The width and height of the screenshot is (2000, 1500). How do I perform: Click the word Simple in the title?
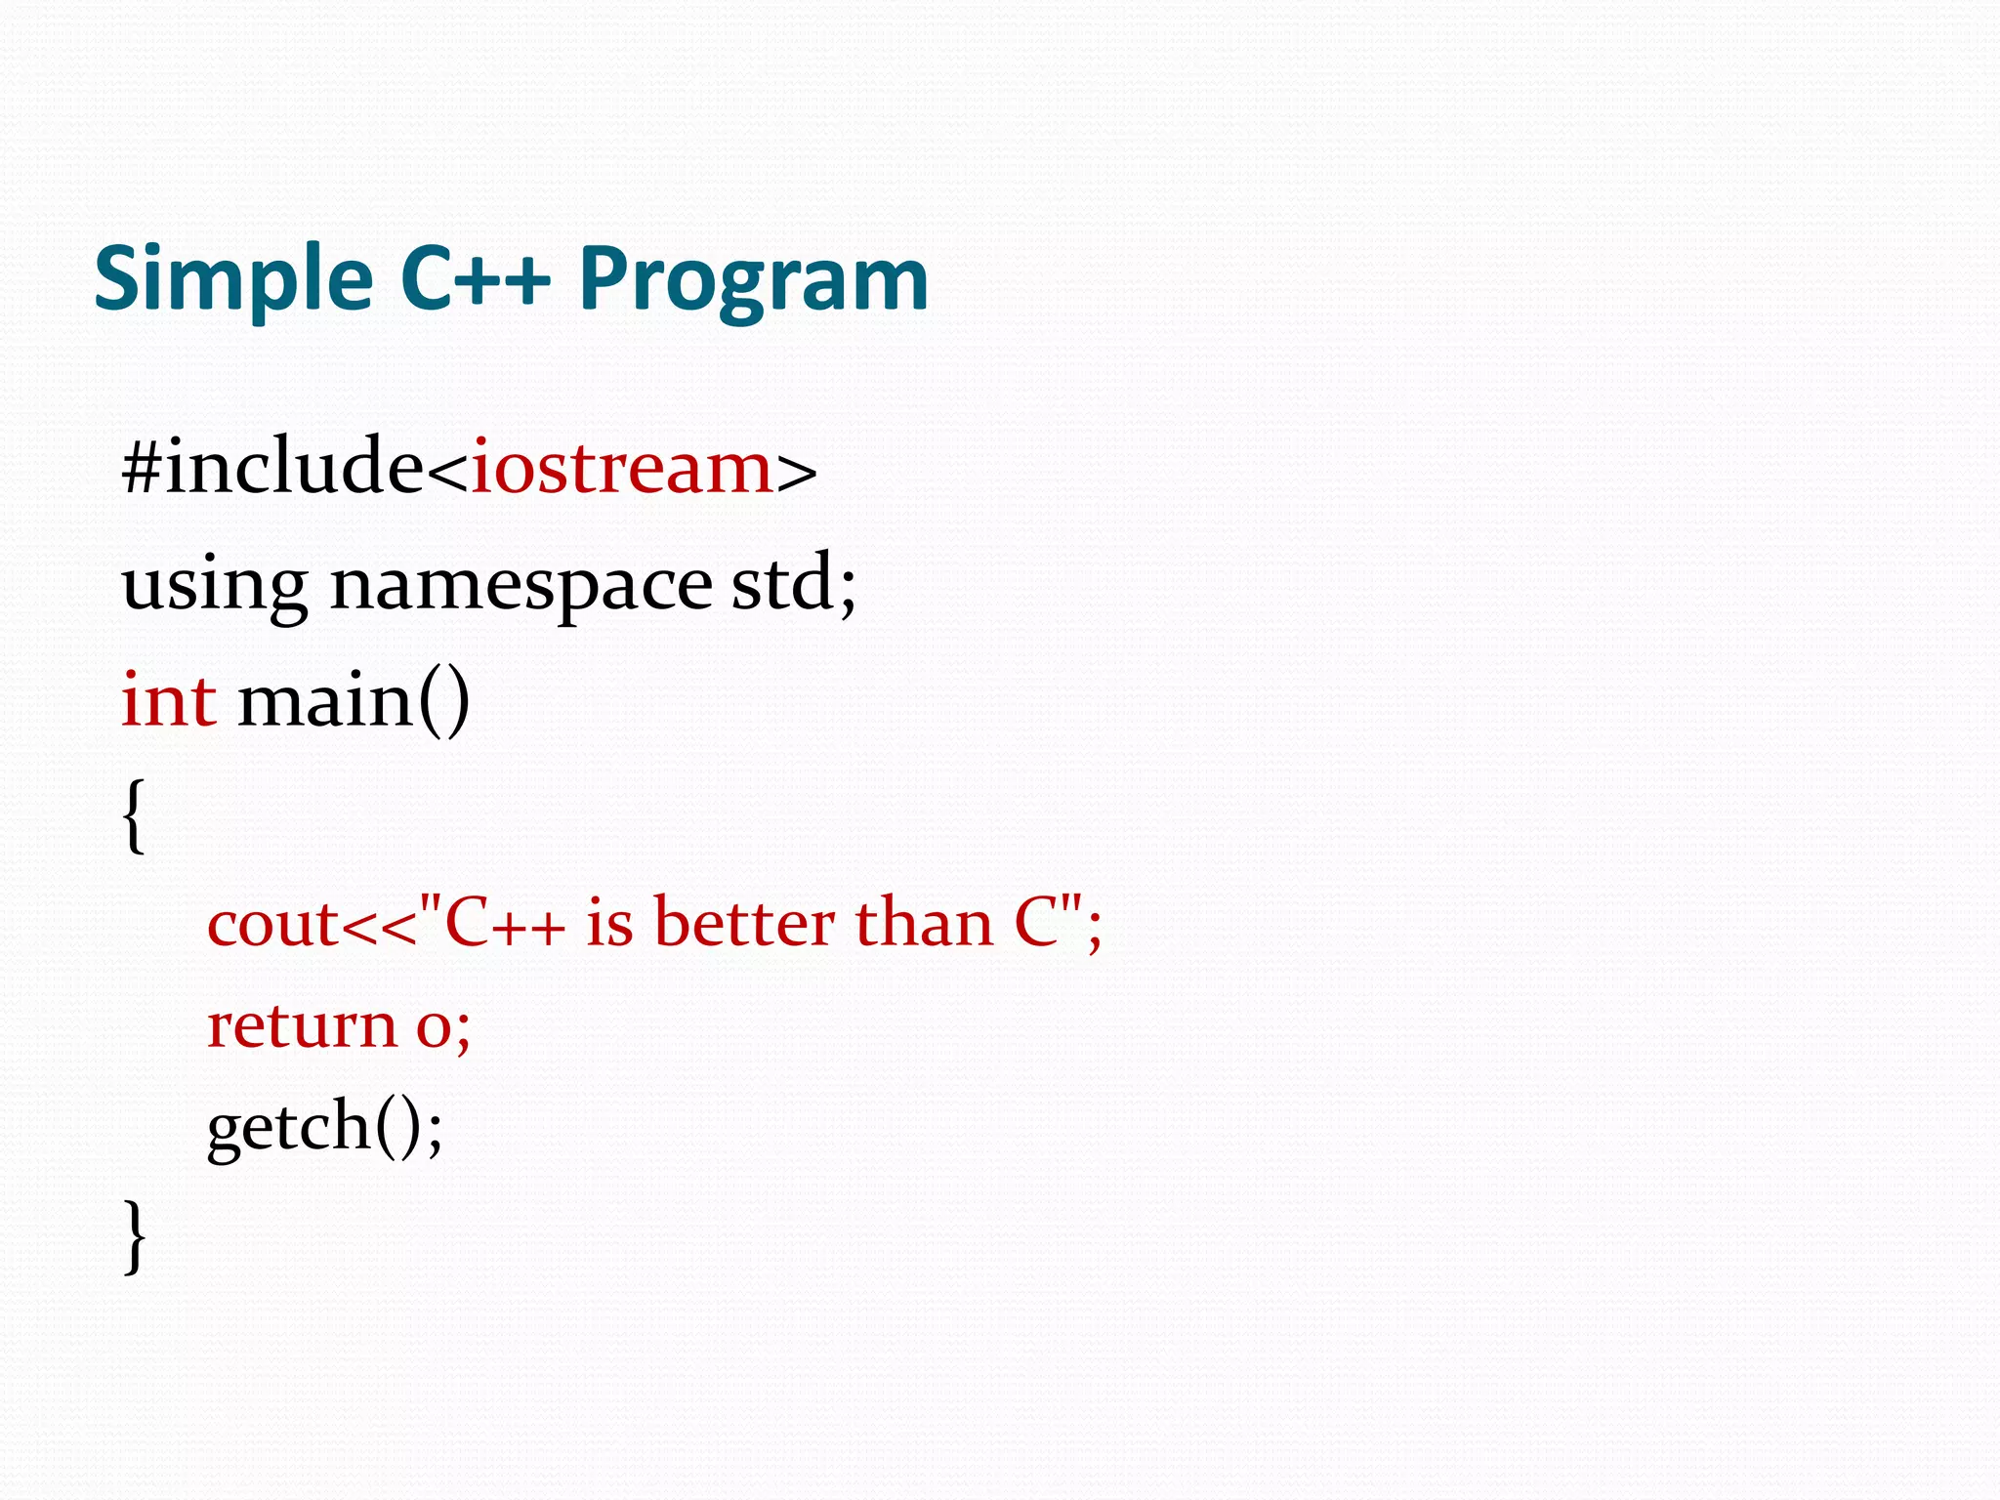(232, 280)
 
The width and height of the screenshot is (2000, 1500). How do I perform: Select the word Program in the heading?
(753, 280)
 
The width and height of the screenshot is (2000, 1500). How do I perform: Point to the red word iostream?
(622, 469)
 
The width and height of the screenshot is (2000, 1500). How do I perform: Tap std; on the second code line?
(793, 583)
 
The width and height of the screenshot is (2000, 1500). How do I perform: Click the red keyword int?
(168, 700)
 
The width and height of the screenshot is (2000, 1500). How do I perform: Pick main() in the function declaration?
(354, 700)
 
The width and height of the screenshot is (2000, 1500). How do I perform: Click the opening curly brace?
(135, 816)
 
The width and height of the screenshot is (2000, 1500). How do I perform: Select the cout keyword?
(272, 924)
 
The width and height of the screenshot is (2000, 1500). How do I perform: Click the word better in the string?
(744, 922)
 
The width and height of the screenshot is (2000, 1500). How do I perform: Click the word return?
(302, 1026)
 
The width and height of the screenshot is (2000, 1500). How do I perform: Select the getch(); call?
(324, 1126)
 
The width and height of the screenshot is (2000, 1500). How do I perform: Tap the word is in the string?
(609, 922)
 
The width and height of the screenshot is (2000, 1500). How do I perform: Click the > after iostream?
(797, 471)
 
